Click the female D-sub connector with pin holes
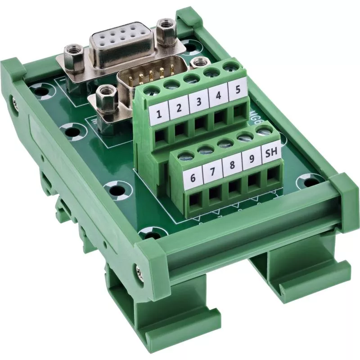[122, 42]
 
